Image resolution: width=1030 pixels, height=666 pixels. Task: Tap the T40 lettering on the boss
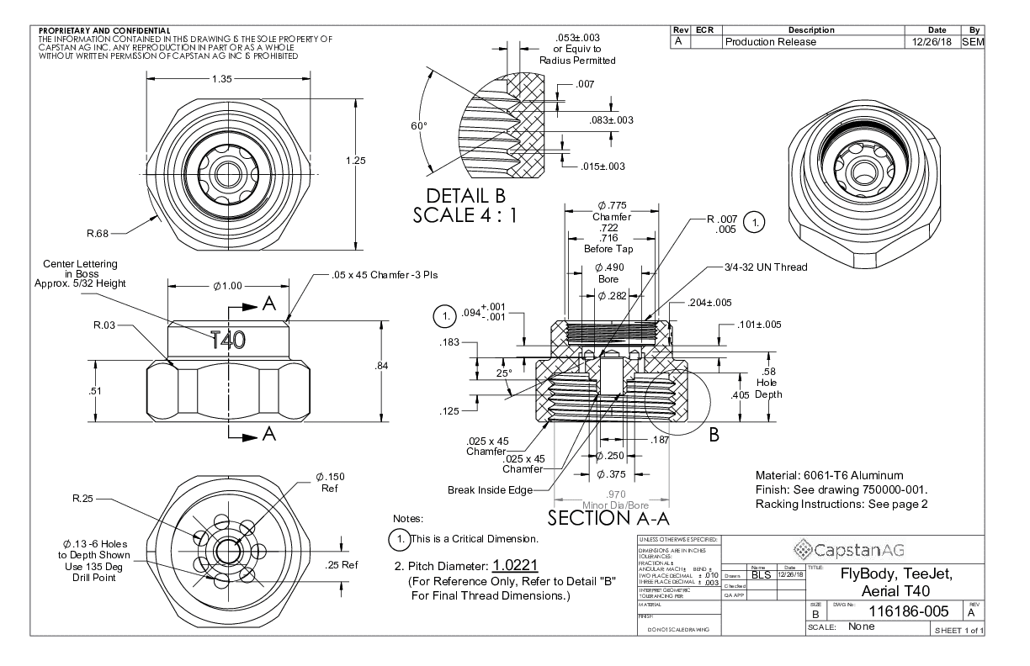tap(228, 340)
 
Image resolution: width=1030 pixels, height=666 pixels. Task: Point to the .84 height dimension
tap(381, 365)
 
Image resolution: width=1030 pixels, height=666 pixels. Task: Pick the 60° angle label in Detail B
tap(419, 124)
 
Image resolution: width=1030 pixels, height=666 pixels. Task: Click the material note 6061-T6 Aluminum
tap(818, 475)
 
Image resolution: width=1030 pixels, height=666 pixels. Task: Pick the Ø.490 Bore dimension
tap(608, 272)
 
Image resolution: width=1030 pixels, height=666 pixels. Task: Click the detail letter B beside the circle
tap(714, 436)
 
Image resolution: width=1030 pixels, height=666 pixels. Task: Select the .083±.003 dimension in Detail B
tap(611, 121)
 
